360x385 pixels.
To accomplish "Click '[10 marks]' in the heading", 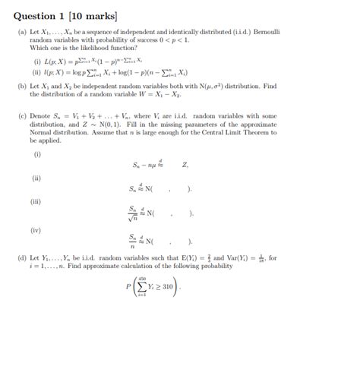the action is click(x=95, y=15).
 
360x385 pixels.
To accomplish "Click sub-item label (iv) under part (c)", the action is click(x=37, y=229).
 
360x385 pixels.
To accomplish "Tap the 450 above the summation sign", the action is click(x=141, y=276).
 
